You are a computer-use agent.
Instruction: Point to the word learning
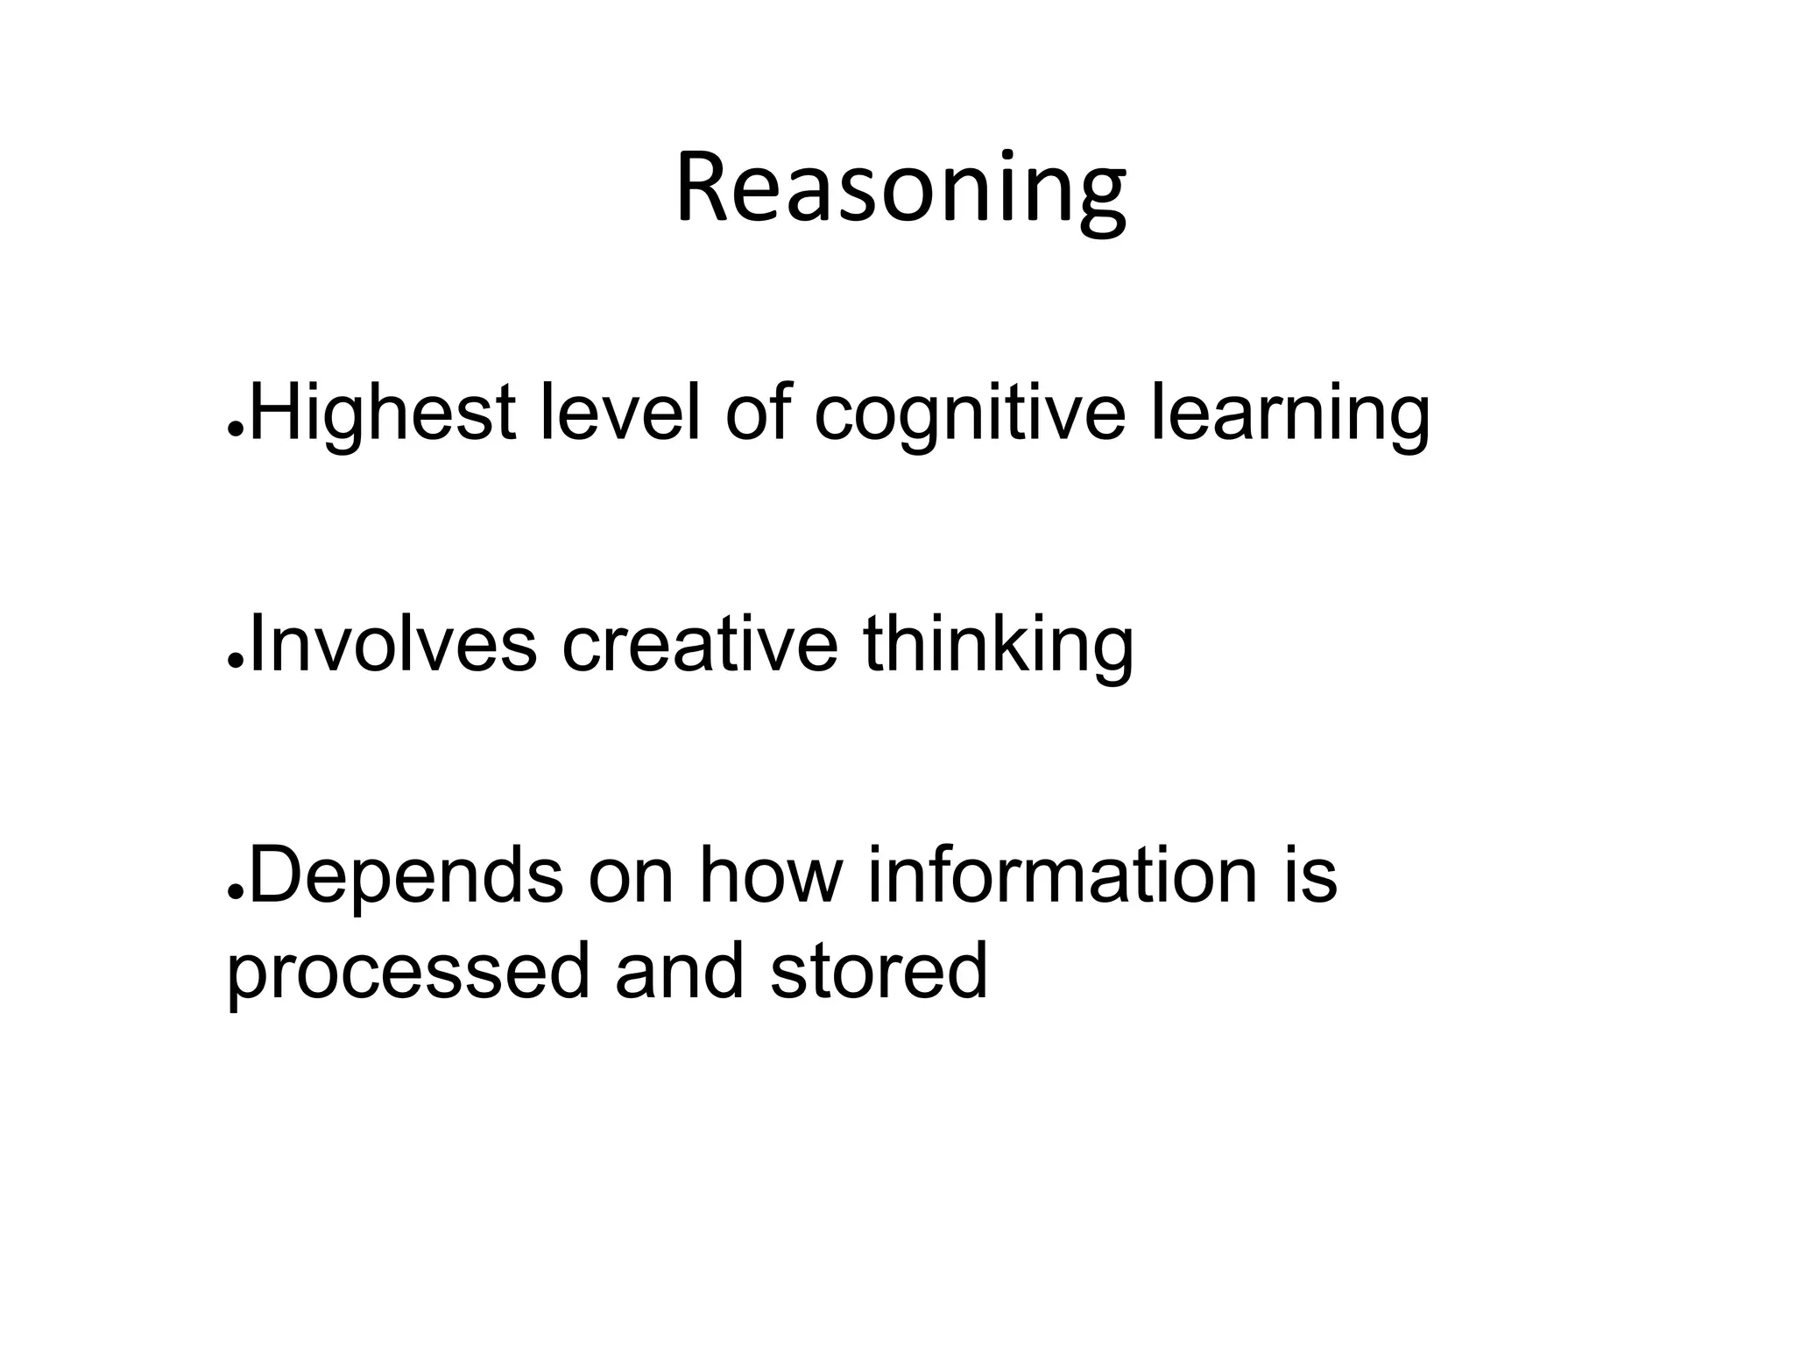click(x=1289, y=416)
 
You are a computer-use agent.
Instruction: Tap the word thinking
click(x=998, y=647)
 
